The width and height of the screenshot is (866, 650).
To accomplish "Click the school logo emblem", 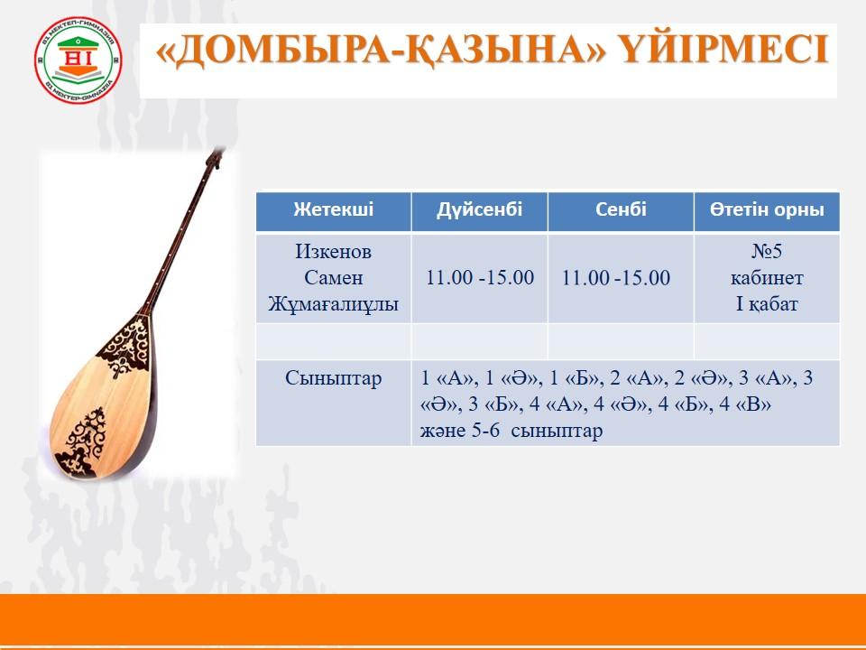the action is click(x=78, y=60).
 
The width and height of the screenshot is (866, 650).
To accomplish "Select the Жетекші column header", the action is click(x=334, y=209).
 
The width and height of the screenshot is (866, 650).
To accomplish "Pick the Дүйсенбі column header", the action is click(x=479, y=209).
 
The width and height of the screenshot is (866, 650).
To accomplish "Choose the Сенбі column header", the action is click(x=621, y=209).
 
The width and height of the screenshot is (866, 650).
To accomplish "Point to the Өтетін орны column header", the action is click(x=767, y=209).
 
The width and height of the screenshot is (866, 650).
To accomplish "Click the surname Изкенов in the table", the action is click(x=333, y=252).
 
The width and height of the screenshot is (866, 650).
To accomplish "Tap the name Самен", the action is click(x=333, y=277).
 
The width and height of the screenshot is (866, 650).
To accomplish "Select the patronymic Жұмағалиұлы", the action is click(x=333, y=304).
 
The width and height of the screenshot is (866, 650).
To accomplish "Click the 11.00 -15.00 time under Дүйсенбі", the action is click(x=479, y=277).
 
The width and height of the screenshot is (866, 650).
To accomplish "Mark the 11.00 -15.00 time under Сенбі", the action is click(x=616, y=277).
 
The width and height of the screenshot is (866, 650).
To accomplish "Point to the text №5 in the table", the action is click(x=767, y=252).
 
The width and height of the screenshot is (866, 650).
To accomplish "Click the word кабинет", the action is click(x=767, y=277).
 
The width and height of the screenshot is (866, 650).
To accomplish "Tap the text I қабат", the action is click(x=767, y=304).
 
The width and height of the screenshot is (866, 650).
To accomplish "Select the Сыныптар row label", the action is click(x=333, y=378).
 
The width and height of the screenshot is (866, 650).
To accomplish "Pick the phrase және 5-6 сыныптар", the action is click(x=511, y=431).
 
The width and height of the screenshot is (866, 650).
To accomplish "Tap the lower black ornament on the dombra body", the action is click(x=83, y=441).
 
